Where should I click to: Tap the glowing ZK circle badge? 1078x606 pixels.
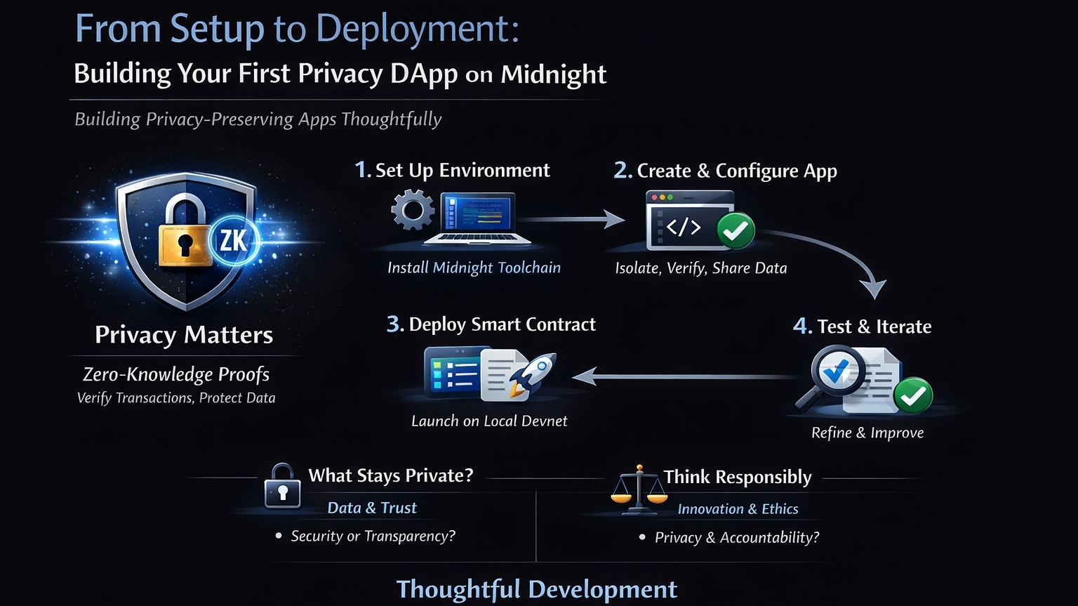(x=234, y=241)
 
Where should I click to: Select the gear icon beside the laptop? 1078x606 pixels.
(x=413, y=211)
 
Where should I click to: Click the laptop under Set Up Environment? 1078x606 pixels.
(x=477, y=218)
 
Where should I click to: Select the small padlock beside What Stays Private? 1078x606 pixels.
(x=282, y=486)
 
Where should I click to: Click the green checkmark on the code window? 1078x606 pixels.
(x=735, y=230)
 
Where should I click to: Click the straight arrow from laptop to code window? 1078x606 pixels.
(x=572, y=220)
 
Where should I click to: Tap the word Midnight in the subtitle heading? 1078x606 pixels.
(x=553, y=74)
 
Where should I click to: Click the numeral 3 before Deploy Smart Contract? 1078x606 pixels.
(x=394, y=324)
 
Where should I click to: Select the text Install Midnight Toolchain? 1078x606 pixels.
(x=474, y=268)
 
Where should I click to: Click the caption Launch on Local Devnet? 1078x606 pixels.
(x=489, y=421)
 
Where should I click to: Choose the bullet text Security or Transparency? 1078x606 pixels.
(x=373, y=536)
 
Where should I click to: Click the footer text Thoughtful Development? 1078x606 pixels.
(x=537, y=589)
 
